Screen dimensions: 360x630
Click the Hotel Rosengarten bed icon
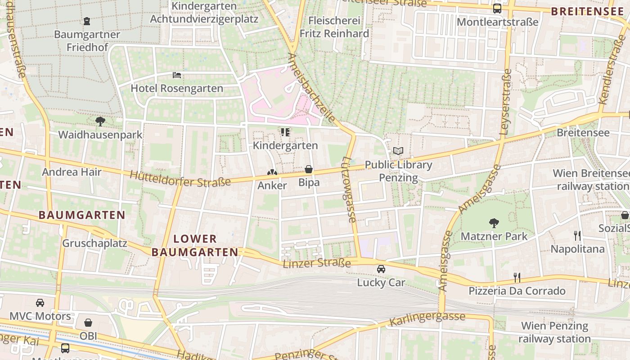[177, 75]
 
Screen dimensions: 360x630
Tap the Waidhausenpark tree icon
[100, 121]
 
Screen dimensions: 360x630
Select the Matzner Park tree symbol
[494, 222]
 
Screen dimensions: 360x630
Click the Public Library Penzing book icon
[398, 151]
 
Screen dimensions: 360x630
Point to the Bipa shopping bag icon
[309, 169]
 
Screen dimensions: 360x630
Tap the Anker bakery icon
[272, 172]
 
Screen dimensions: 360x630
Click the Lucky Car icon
[381, 269]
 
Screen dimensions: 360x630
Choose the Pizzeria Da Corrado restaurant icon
[517, 277]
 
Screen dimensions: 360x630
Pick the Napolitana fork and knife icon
[577, 235]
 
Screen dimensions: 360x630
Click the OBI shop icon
[88, 323]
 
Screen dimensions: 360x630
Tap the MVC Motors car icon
[40, 303]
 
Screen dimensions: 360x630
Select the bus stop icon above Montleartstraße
[497, 8]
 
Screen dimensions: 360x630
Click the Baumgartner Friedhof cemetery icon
[87, 21]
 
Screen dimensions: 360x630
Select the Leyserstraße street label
[505, 103]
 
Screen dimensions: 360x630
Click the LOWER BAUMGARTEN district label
[195, 245]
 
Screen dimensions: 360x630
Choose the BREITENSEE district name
[587, 11]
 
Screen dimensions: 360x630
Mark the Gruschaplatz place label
[94, 243]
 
